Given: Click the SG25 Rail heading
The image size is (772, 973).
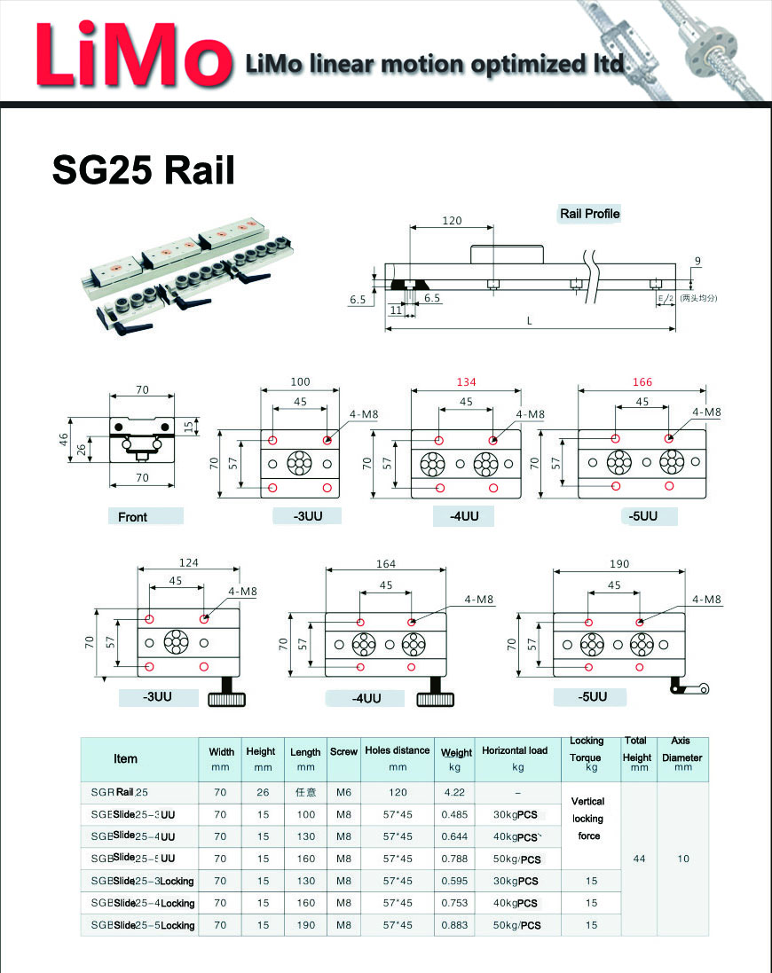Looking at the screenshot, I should click(x=144, y=169).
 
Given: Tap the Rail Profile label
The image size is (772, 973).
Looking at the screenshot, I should click(x=589, y=214).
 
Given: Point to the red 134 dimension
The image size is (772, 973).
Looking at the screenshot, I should click(x=467, y=382).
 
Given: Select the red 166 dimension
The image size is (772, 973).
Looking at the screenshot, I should click(x=642, y=382).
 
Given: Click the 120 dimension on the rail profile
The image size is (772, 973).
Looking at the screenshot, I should click(x=453, y=220).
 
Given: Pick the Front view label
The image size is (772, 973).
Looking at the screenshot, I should click(x=133, y=516).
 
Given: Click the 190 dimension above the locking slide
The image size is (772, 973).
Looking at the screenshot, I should click(x=618, y=563).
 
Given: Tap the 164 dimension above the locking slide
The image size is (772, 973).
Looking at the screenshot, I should click(x=386, y=563).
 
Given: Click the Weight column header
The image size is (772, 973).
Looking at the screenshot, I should click(x=456, y=758).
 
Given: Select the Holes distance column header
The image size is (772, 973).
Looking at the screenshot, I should click(x=397, y=757).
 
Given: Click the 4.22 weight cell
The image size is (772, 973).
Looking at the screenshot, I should click(x=455, y=792).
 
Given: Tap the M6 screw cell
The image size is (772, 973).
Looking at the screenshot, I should click(x=343, y=792).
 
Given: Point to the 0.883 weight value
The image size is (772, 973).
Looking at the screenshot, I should click(x=455, y=925).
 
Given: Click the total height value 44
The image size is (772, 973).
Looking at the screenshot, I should click(x=638, y=859).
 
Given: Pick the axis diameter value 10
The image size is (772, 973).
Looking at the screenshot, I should click(x=682, y=859).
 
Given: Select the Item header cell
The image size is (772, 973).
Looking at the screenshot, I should click(x=126, y=758).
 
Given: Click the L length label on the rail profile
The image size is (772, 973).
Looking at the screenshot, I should click(x=530, y=320).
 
